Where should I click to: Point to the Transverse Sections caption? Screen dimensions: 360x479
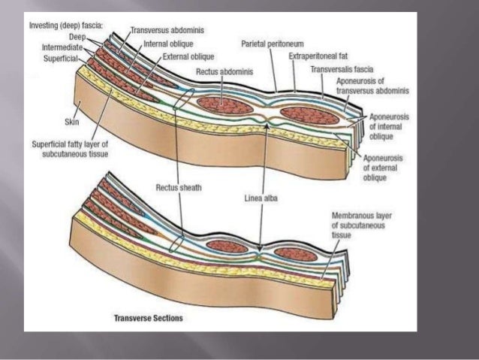pyautogui.click(x=147, y=318)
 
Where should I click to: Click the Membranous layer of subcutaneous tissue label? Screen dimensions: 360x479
pyautogui.click(x=359, y=224)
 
